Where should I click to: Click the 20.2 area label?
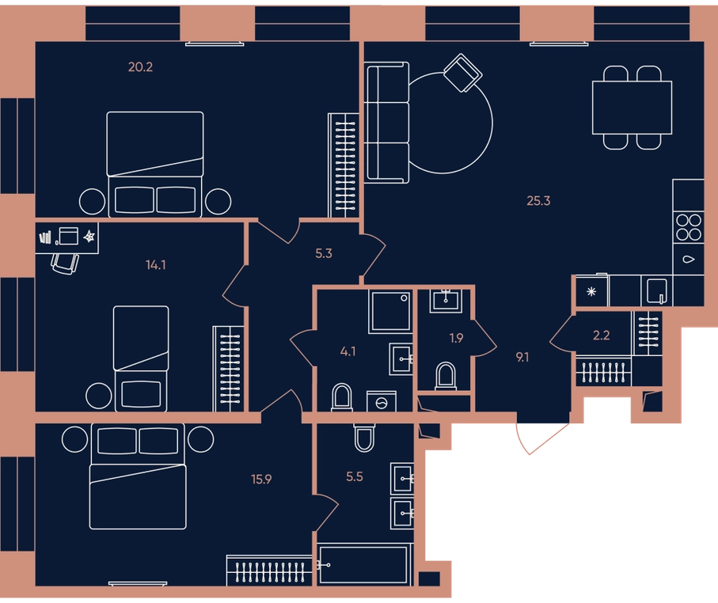[x=141, y=67]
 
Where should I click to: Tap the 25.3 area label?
[x=538, y=201]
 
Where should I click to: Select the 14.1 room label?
[x=156, y=265]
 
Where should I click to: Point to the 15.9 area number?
[x=261, y=480]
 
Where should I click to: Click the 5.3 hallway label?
[x=324, y=254]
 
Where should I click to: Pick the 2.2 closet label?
[x=601, y=336]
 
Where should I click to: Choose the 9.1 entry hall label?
[x=522, y=358]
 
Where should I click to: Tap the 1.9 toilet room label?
[x=456, y=339]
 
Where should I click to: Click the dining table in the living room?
[x=632, y=108]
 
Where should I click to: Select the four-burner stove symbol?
[x=689, y=228]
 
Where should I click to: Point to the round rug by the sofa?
[x=492, y=123]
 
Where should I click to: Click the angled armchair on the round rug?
[x=463, y=74]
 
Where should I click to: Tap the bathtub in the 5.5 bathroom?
[x=364, y=565]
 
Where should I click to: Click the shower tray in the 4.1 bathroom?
[x=390, y=311]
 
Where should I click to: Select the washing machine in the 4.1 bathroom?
[x=382, y=401]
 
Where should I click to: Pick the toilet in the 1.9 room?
[x=446, y=376]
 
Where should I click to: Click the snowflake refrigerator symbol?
[x=591, y=291]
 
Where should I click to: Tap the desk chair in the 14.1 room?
[x=65, y=264]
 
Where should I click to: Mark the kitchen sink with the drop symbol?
[x=689, y=260]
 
